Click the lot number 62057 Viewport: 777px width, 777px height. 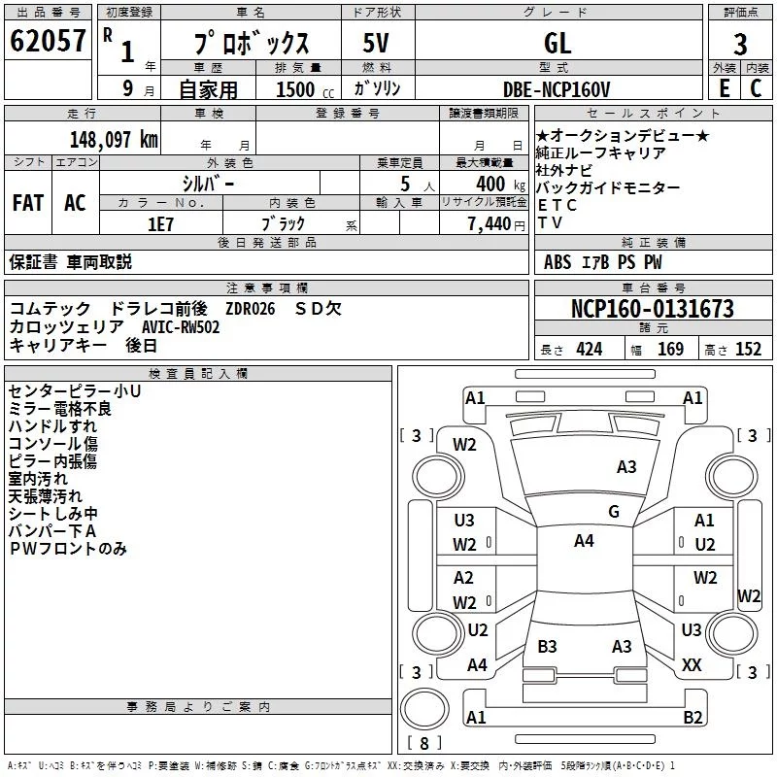pyautogui.click(x=48, y=41)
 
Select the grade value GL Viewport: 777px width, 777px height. pyautogui.click(x=557, y=43)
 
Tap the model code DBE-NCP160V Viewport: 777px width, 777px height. pyautogui.click(x=557, y=89)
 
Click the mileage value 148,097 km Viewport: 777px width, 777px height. pyautogui.click(x=114, y=140)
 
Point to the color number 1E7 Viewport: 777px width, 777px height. pyautogui.click(x=160, y=224)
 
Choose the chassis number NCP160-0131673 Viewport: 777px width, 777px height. pyautogui.click(x=652, y=309)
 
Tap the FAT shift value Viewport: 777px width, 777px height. pyautogui.click(x=28, y=203)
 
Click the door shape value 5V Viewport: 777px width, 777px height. pyautogui.click(x=376, y=43)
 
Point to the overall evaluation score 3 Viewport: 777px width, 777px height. pyautogui.click(x=740, y=45)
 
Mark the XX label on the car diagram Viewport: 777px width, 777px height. pyautogui.click(x=692, y=665)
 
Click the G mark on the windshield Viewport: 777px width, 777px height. pyautogui.click(x=614, y=512)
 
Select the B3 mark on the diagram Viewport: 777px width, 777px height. pyautogui.click(x=547, y=646)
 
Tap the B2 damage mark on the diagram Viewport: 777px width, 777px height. pyautogui.click(x=693, y=717)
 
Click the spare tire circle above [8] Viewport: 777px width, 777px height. pyautogui.click(x=424, y=709)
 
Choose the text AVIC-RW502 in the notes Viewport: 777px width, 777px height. pyautogui.click(x=181, y=327)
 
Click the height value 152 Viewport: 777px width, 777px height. pyautogui.click(x=748, y=350)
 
